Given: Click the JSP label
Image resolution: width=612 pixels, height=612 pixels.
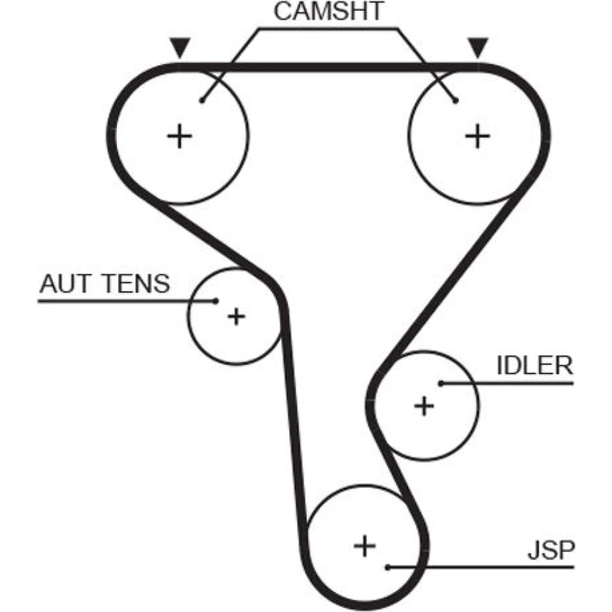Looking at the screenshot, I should pyautogui.click(x=551, y=551).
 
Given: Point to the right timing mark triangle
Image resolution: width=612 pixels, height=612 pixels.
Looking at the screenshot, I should pyautogui.click(x=477, y=47).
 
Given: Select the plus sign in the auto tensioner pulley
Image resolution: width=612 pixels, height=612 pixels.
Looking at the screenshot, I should pyautogui.click(x=236, y=316).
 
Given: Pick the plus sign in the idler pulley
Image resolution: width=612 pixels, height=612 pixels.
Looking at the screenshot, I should pyautogui.click(x=424, y=405).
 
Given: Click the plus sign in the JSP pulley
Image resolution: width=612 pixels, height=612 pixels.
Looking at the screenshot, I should pyautogui.click(x=365, y=544).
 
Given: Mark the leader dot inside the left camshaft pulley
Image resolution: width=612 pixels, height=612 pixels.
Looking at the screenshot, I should pyautogui.click(x=201, y=101).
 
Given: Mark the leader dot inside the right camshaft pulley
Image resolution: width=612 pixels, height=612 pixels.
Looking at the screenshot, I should pyautogui.click(x=456, y=101).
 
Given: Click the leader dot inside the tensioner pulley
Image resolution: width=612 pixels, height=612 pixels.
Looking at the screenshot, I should pyautogui.click(x=215, y=300).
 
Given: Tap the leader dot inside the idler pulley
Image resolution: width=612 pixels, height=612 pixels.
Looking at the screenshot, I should pyautogui.click(x=440, y=384).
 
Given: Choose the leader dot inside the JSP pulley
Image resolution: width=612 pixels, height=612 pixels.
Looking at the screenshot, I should pyautogui.click(x=388, y=567).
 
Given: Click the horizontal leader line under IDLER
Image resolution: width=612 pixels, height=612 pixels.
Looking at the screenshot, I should pyautogui.click(x=520, y=384).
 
